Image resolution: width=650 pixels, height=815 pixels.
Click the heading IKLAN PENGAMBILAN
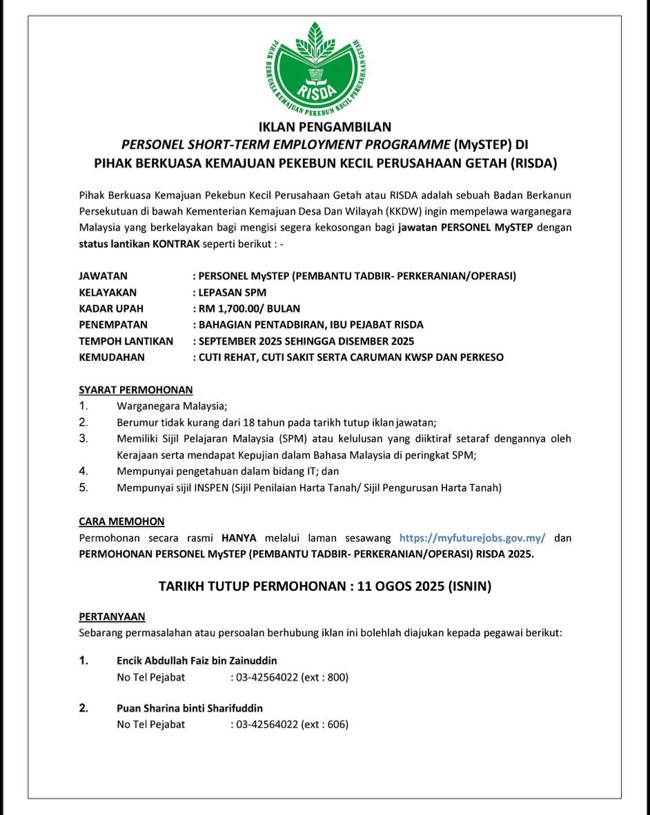click(x=325, y=127)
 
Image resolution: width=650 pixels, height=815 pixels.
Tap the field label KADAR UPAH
click(x=111, y=308)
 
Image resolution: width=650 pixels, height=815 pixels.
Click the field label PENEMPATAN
click(x=113, y=324)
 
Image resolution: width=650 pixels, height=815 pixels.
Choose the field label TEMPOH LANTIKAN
click(x=126, y=341)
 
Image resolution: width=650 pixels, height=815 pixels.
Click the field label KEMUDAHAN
click(x=112, y=357)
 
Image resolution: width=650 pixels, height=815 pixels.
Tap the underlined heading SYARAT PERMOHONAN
click(x=136, y=390)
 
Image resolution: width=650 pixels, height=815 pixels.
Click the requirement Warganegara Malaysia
click(x=172, y=406)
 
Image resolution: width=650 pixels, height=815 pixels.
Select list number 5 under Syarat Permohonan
click(x=83, y=488)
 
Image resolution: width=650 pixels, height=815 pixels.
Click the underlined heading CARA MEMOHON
click(x=122, y=522)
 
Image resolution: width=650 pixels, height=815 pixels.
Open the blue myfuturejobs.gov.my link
click(x=473, y=538)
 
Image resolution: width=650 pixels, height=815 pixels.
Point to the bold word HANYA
click(x=239, y=538)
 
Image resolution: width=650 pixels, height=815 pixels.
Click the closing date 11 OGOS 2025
click(x=401, y=587)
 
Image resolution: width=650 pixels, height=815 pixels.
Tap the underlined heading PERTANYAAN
click(x=112, y=616)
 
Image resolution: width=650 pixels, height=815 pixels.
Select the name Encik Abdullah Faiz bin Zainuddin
click(x=197, y=660)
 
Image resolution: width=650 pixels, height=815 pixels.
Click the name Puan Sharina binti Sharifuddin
click(x=190, y=708)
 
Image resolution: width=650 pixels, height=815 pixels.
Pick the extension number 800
click(x=336, y=677)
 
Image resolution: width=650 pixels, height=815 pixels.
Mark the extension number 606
click(x=336, y=725)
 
